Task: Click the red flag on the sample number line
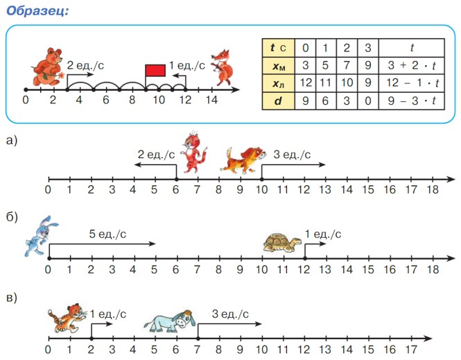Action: click(x=155, y=70)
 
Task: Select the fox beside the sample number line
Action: click(x=223, y=66)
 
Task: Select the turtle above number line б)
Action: click(x=282, y=242)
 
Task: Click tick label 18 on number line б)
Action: click(x=432, y=269)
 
